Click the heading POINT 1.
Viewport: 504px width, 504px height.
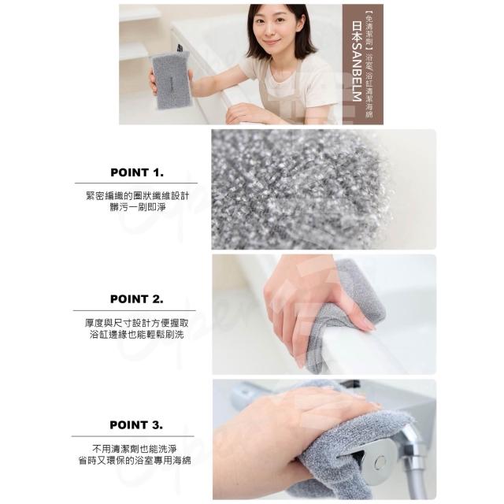(x=137, y=172)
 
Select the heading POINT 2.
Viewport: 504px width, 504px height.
(x=136, y=299)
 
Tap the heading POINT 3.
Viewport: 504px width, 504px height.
(x=136, y=425)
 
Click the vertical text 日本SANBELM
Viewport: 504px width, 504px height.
(x=357, y=61)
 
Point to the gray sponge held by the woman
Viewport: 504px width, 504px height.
(x=170, y=80)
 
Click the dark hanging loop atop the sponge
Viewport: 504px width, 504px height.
(x=180, y=48)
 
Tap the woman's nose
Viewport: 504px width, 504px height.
(x=270, y=33)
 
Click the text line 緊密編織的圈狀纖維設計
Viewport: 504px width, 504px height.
(x=138, y=196)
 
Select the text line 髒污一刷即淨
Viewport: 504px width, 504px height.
(x=138, y=207)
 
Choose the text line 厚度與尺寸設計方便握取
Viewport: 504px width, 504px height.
(x=137, y=323)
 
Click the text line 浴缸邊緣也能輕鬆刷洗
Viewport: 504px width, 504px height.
(x=137, y=335)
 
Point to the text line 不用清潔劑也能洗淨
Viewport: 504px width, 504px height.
(x=135, y=449)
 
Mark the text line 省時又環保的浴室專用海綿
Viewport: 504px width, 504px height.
(x=135, y=461)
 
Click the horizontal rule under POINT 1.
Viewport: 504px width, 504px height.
(x=136, y=183)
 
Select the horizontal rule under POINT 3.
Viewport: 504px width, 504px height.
(x=133, y=436)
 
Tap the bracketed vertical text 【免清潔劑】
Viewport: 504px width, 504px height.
(x=369, y=30)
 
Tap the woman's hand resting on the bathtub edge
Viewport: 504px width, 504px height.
(x=245, y=113)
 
